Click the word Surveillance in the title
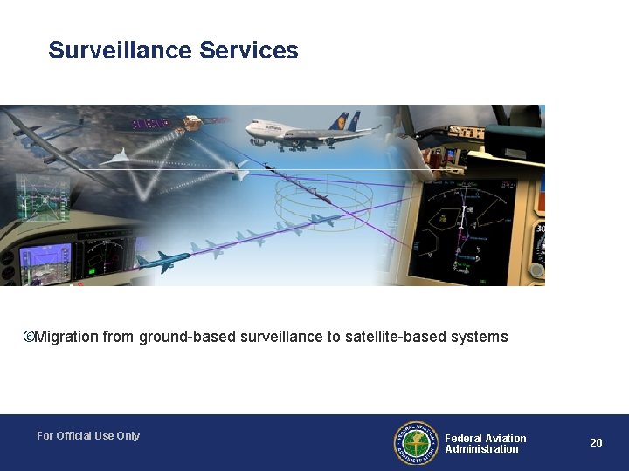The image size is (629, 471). pos(121,51)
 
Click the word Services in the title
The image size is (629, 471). pos(249,51)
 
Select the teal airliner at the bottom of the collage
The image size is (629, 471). pos(163,260)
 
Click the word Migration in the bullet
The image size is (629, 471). pos(66,337)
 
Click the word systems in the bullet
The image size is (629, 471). pos(479,337)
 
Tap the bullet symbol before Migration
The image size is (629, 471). pos(28,337)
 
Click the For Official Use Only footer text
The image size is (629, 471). pos(88,436)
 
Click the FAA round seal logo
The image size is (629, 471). pos(415,443)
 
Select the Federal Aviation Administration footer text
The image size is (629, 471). pos(485,444)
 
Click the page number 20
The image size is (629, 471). pos(596,443)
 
